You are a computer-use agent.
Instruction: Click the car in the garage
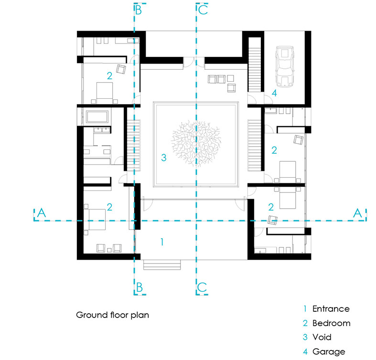[x=285, y=66]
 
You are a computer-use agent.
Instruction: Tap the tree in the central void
[x=196, y=143]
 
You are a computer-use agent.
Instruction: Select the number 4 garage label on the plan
[x=274, y=93]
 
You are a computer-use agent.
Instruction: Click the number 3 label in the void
[x=164, y=158]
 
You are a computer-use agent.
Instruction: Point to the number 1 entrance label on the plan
[x=162, y=242]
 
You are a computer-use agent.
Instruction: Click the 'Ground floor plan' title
[x=112, y=315]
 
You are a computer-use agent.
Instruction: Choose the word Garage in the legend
[x=329, y=351]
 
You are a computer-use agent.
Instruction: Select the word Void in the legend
[x=322, y=337]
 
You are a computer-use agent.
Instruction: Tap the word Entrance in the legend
[x=331, y=309]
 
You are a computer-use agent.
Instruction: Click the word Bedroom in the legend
[x=332, y=323]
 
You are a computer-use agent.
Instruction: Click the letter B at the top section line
[x=139, y=11]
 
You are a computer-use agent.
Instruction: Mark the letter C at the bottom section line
[x=202, y=287]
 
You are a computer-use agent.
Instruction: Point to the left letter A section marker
[x=41, y=212]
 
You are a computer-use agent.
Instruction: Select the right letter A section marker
[x=357, y=213]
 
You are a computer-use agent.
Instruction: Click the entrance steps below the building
[x=162, y=265]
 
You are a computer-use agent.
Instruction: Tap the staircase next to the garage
[x=255, y=70]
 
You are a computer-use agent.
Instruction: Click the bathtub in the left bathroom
[x=97, y=116]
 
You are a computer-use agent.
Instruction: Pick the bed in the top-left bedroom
[x=105, y=93]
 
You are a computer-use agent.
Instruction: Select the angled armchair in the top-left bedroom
[x=121, y=69]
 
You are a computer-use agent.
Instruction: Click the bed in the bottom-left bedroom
[x=97, y=219]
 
